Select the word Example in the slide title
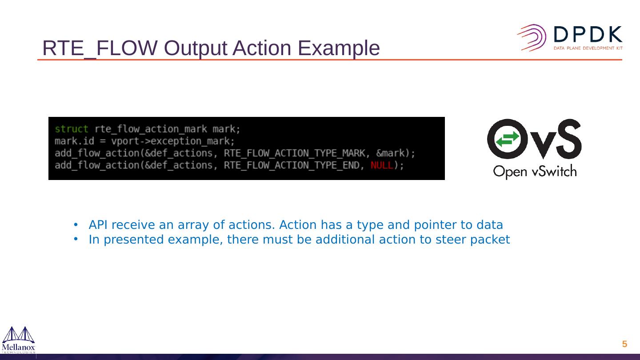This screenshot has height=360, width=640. (339, 48)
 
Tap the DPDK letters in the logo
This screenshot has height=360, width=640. (588, 34)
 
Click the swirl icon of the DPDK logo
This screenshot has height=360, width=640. (532, 38)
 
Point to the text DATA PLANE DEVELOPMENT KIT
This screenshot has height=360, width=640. (588, 48)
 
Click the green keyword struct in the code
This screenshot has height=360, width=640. (72, 129)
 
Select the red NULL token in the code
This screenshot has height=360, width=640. (382, 165)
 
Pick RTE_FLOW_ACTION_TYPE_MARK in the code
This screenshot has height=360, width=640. (295, 153)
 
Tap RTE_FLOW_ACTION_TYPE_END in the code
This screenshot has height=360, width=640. (292, 165)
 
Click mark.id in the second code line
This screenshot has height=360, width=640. (74, 141)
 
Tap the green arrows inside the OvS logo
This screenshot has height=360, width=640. (508, 139)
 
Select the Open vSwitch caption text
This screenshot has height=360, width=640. (535, 172)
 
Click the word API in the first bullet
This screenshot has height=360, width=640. (98, 225)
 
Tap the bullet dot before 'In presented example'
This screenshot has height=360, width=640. (76, 239)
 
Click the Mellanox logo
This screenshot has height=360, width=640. (19, 340)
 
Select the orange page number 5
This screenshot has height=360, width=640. (624, 344)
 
